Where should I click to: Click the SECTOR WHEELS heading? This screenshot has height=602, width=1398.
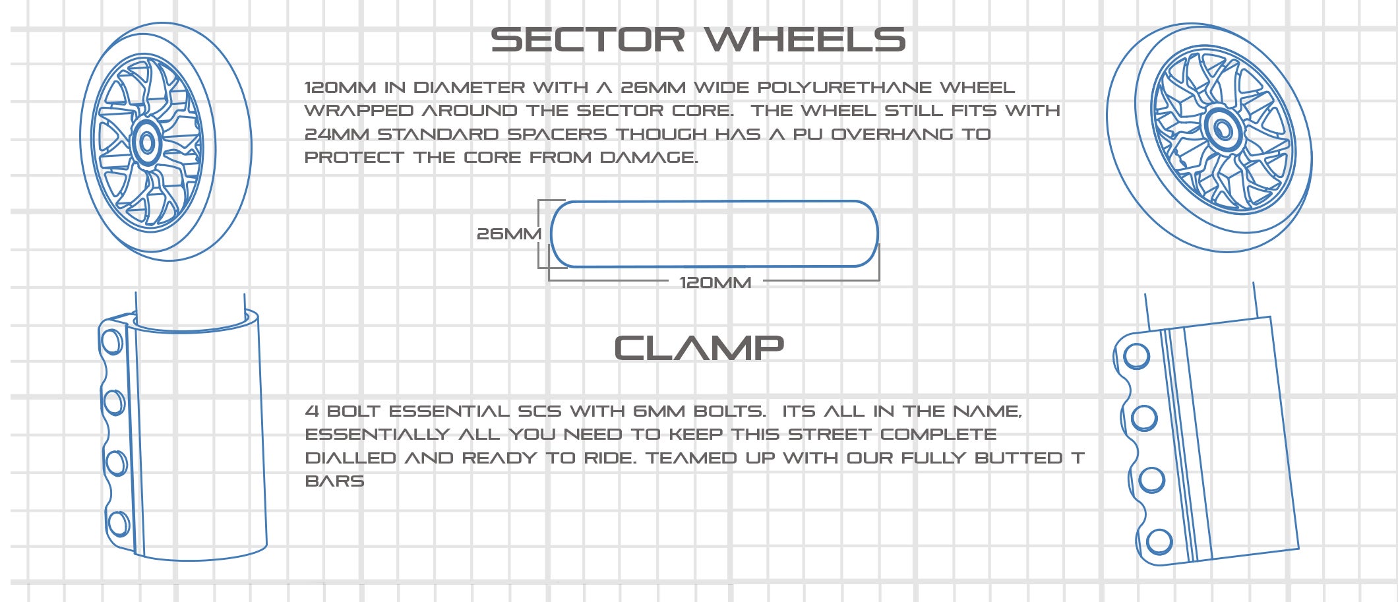point(698,40)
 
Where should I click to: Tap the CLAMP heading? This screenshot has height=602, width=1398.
point(699,348)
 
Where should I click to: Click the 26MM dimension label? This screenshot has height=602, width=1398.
point(509,234)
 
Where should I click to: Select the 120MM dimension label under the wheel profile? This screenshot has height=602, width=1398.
point(715,283)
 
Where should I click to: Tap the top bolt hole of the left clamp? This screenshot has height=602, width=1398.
point(111,342)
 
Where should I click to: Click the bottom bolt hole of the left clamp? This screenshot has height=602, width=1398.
point(118,524)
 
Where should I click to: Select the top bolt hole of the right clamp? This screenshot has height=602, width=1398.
point(1136,356)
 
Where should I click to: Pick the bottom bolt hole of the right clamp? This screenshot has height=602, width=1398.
point(1159,542)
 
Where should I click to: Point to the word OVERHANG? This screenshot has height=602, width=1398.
point(892,135)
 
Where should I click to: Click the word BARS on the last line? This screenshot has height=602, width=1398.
point(334,481)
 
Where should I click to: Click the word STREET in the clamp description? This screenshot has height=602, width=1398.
point(830,435)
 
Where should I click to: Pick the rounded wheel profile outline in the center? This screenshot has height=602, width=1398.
point(714,201)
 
